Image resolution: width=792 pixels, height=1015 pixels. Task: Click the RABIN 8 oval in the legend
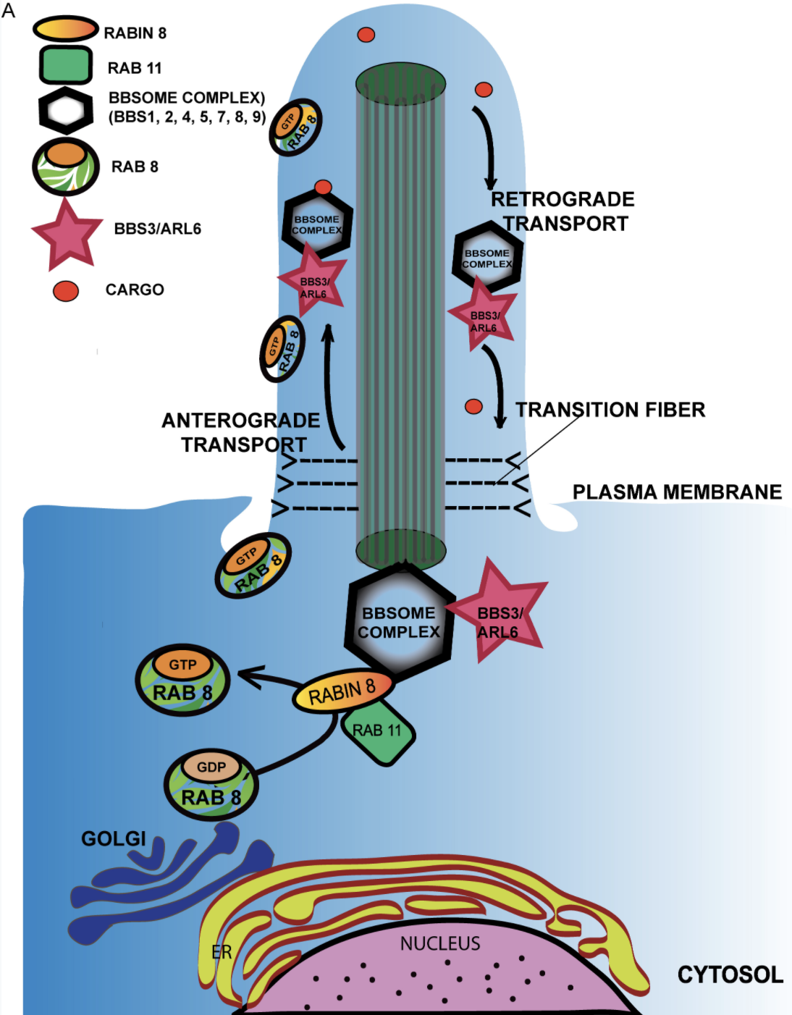click(x=65, y=28)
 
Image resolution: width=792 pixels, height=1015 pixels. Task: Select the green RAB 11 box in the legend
click(x=65, y=66)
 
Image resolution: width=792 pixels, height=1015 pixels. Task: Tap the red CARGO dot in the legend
click(x=66, y=290)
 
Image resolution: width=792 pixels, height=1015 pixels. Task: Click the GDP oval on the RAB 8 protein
click(x=211, y=767)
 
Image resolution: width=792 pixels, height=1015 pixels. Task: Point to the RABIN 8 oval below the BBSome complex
click(x=342, y=691)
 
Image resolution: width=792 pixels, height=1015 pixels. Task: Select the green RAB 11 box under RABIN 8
click(x=377, y=732)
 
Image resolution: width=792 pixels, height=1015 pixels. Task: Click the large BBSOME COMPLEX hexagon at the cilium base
click(x=399, y=621)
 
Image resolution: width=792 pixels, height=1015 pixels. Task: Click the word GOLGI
click(x=114, y=838)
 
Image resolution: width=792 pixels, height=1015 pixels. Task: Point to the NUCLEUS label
click(x=440, y=943)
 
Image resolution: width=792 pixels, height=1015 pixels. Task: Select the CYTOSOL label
click(x=730, y=974)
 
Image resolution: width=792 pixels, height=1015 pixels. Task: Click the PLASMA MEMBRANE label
click(x=677, y=492)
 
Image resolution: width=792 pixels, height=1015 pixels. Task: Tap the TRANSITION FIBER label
click(x=610, y=410)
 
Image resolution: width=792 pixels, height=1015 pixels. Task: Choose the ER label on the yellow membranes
click(x=222, y=951)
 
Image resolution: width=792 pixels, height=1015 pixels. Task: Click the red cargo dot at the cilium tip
click(x=366, y=35)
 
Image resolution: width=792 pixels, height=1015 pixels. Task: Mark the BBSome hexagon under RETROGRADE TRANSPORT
click(x=487, y=258)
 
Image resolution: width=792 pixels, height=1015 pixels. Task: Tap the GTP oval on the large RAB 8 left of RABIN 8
click(x=182, y=664)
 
